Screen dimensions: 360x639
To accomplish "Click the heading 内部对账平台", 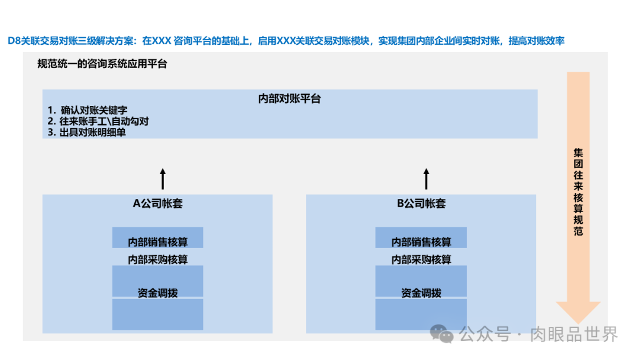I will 289,99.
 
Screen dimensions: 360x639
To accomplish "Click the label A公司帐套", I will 157,204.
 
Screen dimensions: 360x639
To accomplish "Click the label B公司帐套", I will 421,204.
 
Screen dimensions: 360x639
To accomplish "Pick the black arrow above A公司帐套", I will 163,178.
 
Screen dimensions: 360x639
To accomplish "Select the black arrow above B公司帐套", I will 425,178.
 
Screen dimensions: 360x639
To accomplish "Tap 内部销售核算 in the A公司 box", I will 157,242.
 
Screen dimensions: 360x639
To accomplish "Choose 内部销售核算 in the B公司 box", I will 421,242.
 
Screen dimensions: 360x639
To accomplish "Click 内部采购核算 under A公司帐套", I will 157,259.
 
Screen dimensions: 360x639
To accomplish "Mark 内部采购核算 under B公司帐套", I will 421,259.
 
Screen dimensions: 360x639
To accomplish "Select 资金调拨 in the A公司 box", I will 157,292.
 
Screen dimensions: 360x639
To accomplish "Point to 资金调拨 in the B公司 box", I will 421,292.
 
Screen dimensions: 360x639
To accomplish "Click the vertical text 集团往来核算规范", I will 578,192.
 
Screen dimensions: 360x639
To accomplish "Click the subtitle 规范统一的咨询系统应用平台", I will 102,64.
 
